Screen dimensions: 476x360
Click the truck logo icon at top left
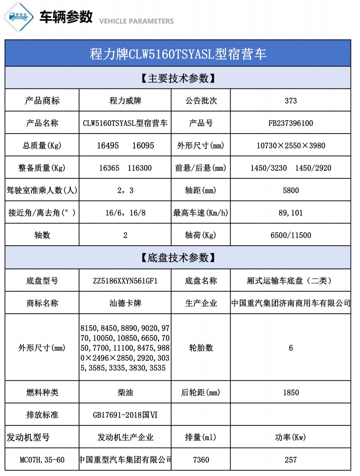[18, 16]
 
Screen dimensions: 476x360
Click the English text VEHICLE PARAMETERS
[136, 21]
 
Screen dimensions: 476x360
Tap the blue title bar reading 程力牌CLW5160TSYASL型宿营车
[178, 54]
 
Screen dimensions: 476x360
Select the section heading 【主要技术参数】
[178, 78]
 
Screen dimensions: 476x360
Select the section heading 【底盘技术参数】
[178, 258]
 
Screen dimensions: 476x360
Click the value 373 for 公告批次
[291, 101]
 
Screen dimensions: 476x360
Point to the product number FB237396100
[291, 123]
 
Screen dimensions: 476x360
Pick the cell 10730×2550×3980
[291, 145]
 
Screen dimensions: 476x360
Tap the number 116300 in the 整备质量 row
[138, 168]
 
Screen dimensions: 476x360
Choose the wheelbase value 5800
[291, 191]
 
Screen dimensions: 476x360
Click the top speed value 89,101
[291, 213]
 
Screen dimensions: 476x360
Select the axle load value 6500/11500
[291, 235]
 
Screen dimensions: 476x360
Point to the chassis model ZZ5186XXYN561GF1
[125, 281]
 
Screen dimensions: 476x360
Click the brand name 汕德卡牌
[125, 303]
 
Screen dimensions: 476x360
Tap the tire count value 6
[291, 348]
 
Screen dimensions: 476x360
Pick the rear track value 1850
[291, 393]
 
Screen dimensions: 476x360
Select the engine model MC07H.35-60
[42, 460]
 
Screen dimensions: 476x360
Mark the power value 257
[291, 460]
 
